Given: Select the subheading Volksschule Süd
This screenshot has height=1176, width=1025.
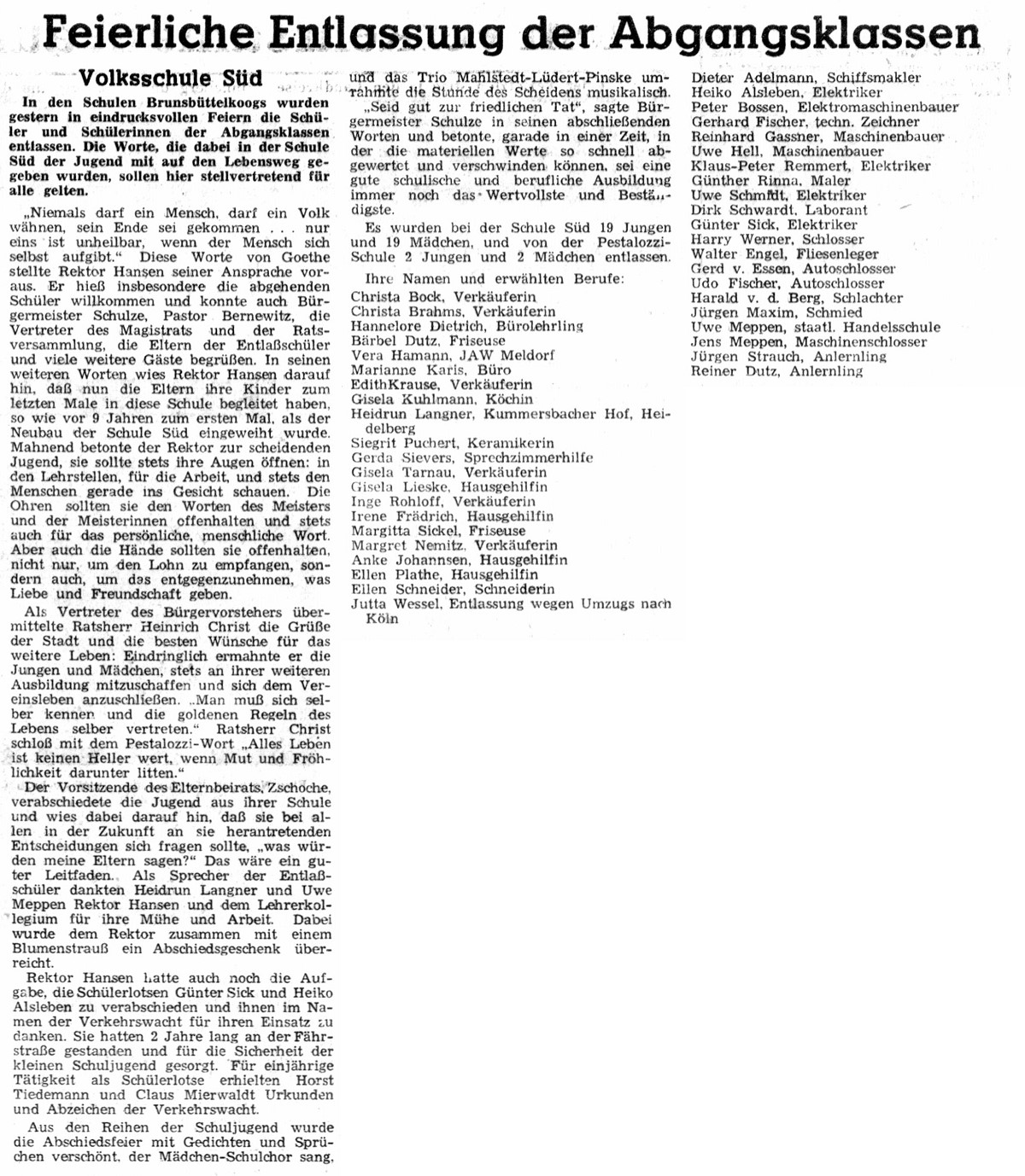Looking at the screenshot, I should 170,79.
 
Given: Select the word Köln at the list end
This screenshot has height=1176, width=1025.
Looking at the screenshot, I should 382,619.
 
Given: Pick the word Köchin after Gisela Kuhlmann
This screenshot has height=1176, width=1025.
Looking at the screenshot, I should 509,399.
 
